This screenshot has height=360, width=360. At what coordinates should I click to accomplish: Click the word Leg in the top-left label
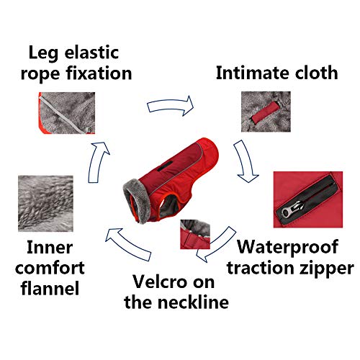[43, 53]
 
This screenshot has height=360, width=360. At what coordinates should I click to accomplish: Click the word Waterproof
[288, 247]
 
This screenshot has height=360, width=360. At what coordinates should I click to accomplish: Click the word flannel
[50, 288]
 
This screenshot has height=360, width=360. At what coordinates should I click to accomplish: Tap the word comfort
[50, 268]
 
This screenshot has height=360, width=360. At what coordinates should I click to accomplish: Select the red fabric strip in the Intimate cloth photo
[266, 112]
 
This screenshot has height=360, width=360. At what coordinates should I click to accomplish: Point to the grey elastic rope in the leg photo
[65, 113]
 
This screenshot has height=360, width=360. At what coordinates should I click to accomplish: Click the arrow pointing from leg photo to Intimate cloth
[171, 106]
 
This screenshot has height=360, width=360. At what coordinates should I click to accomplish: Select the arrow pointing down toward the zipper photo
[246, 161]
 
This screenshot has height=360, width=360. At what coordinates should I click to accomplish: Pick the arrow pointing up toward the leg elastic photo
[98, 162]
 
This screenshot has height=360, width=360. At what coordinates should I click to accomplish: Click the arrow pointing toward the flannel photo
[128, 243]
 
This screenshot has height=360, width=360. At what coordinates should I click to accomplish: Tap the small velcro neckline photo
[195, 234]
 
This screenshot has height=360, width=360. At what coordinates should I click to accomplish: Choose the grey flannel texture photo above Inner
[45, 204]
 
